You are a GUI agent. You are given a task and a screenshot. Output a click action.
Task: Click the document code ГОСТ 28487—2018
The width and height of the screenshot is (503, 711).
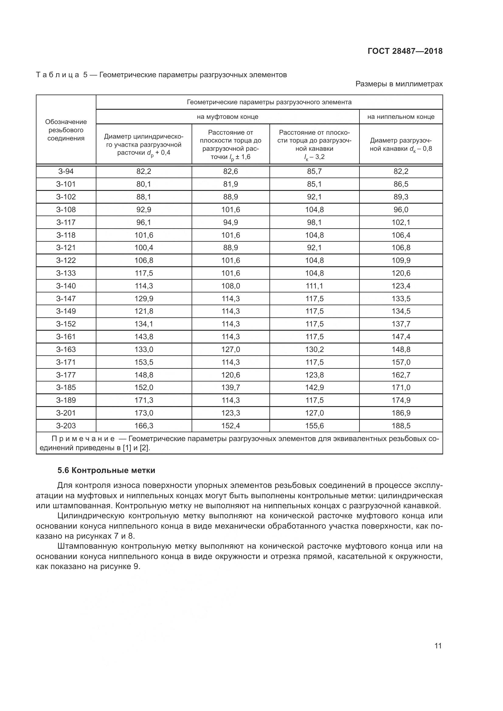click(x=405, y=51)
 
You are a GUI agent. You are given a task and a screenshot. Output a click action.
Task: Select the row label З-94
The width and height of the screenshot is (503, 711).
click(x=66, y=171)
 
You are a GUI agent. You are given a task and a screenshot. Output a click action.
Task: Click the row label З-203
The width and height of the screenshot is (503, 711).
click(x=66, y=426)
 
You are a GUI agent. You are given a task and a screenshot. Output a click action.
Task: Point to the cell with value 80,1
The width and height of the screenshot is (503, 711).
click(x=144, y=184)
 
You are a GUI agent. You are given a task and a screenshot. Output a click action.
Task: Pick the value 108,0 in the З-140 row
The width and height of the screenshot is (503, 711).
click(x=231, y=286)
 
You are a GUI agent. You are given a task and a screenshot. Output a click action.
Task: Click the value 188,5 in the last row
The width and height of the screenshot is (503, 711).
click(x=401, y=426)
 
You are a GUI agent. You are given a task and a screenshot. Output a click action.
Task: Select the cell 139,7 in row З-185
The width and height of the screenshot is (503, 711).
click(x=231, y=387)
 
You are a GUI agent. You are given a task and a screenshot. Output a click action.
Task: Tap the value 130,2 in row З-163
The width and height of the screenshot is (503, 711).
click(x=314, y=349)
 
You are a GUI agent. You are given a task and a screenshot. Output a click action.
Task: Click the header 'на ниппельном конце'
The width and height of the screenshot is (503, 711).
click(x=401, y=117)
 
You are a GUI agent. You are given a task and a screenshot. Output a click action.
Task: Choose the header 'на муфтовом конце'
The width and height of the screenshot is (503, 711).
click(x=227, y=117)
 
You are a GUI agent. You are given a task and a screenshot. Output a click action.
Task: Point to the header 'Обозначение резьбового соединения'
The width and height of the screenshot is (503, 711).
click(x=66, y=130)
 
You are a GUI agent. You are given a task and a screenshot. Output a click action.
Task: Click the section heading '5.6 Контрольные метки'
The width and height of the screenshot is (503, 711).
click(x=106, y=470)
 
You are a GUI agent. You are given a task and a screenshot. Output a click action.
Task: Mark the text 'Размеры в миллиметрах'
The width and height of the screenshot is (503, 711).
click(x=399, y=84)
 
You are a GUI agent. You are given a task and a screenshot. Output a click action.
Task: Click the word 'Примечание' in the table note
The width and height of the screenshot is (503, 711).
click(x=83, y=439)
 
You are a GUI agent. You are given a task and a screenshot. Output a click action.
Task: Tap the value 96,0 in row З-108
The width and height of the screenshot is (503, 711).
click(x=401, y=210)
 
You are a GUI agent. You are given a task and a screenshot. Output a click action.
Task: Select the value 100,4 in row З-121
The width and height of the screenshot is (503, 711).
click(x=144, y=248)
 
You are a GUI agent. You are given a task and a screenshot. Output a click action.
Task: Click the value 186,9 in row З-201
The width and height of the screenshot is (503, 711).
click(x=401, y=413)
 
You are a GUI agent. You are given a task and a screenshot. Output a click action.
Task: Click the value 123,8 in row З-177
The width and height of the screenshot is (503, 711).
click(x=314, y=375)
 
